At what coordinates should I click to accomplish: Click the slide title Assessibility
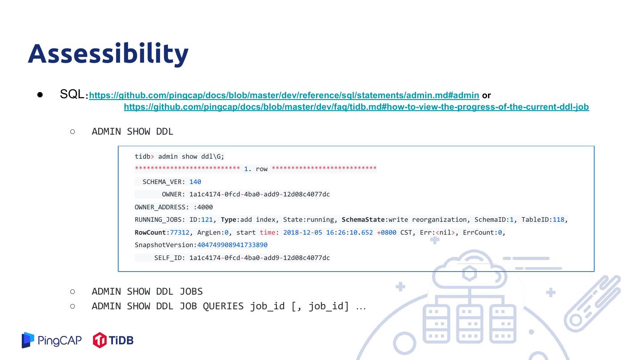[108, 53]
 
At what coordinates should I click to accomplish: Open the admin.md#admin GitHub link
[284, 95]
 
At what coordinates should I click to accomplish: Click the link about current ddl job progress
[356, 107]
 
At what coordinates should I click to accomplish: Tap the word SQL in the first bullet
[72, 94]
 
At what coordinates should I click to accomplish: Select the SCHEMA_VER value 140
[195, 182]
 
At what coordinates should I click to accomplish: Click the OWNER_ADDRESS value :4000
[203, 207]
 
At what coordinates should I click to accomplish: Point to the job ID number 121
[207, 220]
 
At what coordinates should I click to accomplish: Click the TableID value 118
[558, 220]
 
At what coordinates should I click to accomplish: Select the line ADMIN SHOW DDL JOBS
[147, 292]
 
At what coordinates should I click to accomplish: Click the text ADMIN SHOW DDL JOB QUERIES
[168, 306]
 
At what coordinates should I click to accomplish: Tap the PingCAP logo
[52, 340]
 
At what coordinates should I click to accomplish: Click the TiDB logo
[113, 340]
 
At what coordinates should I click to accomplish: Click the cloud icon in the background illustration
[469, 271]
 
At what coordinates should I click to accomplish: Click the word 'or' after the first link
[486, 95]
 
